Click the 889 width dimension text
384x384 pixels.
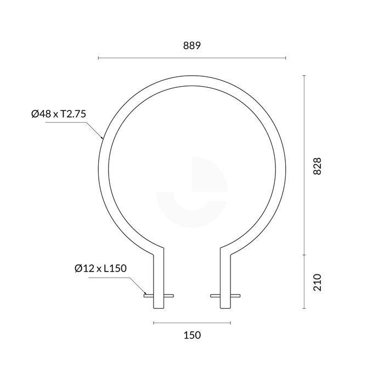pyautogui.click(x=191, y=46)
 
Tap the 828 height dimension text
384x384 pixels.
pyautogui.click(x=317, y=166)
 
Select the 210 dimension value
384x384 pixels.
pyautogui.click(x=317, y=282)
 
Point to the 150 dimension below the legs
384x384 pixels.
pyautogui.click(x=191, y=335)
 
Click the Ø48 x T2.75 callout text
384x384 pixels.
pyautogui.click(x=60, y=114)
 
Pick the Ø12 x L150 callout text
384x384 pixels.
pyautogui.click(x=100, y=268)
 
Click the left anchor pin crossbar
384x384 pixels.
pyautogui.click(x=159, y=296)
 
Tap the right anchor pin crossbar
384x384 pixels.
pyautogui.click(x=225, y=296)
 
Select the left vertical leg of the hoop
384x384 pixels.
pyautogui.click(x=159, y=274)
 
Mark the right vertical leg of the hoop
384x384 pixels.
pyautogui.click(x=225, y=274)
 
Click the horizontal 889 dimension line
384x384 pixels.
pyautogui.click(x=191, y=58)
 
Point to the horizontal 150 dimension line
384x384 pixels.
pyautogui.click(x=191, y=322)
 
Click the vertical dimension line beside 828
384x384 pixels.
pyautogui.click(x=304, y=165)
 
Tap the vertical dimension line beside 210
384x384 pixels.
pyautogui.click(x=304, y=281)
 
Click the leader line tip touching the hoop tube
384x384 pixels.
pyautogui.click(x=102, y=137)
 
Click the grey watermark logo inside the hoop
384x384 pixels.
pyautogui.click(x=191, y=192)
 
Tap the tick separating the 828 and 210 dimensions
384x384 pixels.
pyautogui.click(x=304, y=255)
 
